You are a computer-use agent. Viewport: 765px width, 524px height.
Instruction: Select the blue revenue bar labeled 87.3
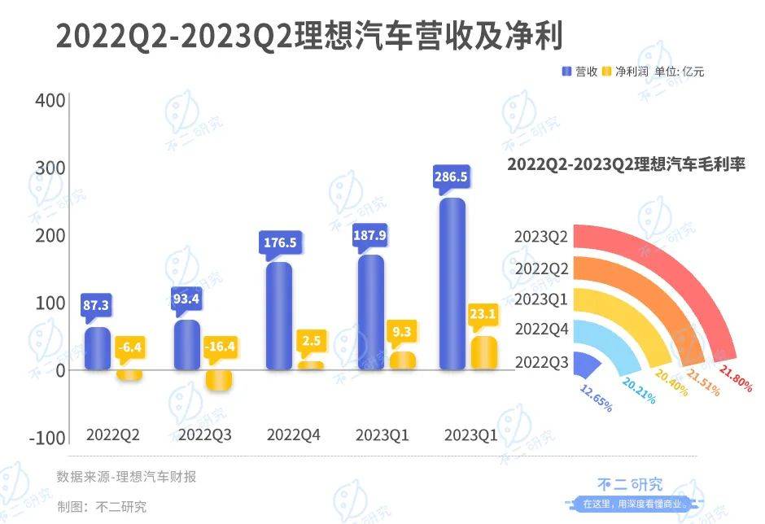click(x=98, y=348)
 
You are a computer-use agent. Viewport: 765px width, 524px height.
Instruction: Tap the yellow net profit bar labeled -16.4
click(x=217, y=380)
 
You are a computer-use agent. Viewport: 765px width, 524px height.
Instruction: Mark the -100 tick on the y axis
click(x=46, y=437)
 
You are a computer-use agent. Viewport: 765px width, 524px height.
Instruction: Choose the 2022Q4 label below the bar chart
click(x=294, y=435)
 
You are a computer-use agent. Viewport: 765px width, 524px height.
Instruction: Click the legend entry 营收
click(x=579, y=72)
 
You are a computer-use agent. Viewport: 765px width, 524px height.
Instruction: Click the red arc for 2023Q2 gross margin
click(x=684, y=260)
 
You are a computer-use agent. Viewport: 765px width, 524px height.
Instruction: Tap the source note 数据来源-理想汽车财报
click(x=126, y=477)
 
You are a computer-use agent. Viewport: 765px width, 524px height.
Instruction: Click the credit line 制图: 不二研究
click(x=102, y=506)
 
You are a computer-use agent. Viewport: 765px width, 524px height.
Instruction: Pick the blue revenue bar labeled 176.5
click(x=279, y=316)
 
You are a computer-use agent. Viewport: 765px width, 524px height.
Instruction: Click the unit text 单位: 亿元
click(x=680, y=72)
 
